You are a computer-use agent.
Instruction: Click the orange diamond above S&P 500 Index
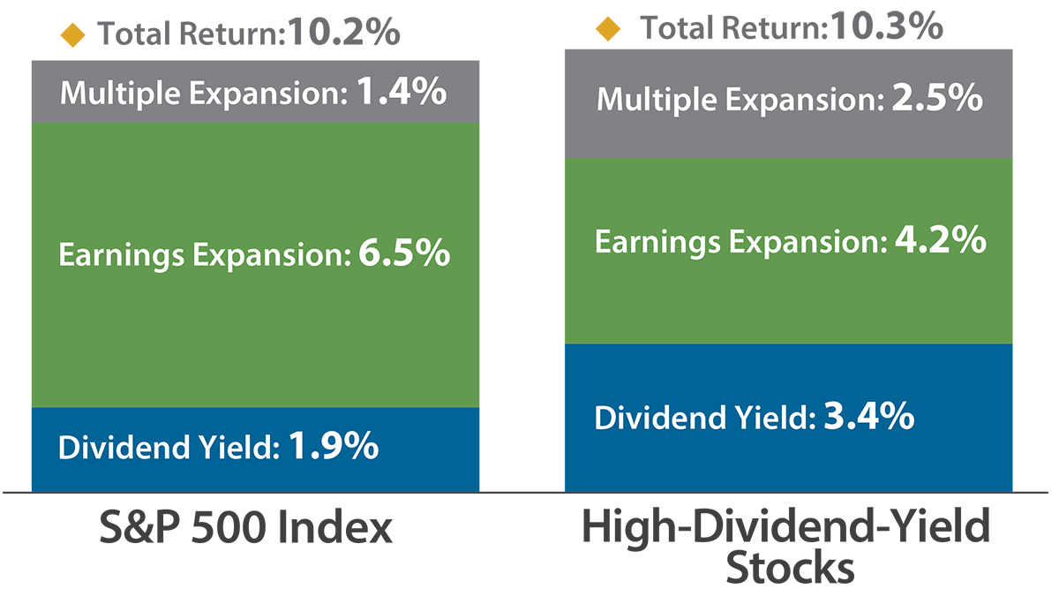(73, 35)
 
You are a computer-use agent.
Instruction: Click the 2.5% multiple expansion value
(935, 98)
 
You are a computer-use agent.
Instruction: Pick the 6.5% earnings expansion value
(405, 255)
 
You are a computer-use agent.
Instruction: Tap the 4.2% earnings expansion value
(939, 240)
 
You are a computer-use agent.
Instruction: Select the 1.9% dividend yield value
(334, 447)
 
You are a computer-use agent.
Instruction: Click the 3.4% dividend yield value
(868, 416)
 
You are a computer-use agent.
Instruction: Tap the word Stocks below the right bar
(789, 568)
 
